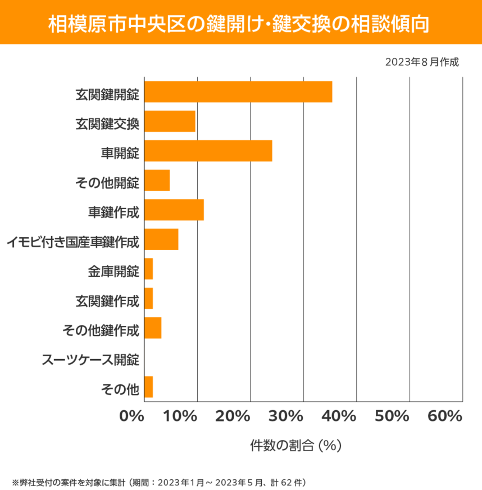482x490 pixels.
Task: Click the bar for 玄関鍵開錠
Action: coord(238,92)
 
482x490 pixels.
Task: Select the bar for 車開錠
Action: coord(208,151)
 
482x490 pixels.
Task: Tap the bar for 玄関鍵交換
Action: coord(170,121)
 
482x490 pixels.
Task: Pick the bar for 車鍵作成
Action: coord(174,210)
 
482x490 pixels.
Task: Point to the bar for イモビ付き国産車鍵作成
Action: coord(161,239)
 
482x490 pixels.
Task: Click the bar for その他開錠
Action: coord(157,180)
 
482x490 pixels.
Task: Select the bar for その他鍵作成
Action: coord(153,328)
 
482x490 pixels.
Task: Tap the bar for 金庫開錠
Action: coord(149,269)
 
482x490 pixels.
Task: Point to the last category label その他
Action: coord(119,388)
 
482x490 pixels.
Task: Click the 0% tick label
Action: coord(132,416)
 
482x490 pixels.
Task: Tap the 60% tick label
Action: coord(444,416)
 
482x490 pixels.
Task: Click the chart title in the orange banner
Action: coord(240,23)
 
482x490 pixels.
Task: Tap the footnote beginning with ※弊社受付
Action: coord(158,482)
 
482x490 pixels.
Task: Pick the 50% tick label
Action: coord(392,416)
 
